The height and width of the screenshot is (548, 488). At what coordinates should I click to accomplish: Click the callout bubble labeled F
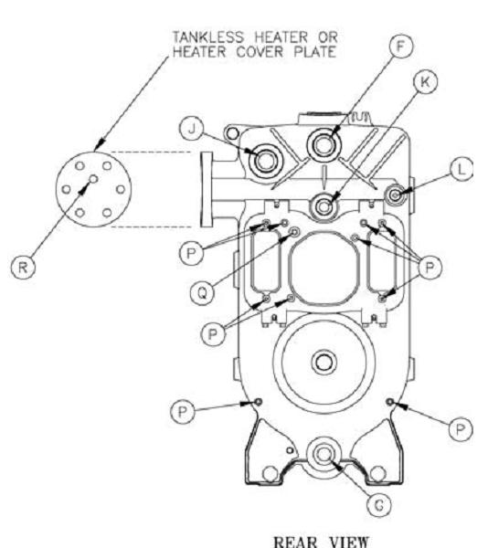click(400, 47)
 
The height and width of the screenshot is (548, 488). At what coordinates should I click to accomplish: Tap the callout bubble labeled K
click(425, 82)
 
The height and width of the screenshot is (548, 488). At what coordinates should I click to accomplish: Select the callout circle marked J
click(191, 129)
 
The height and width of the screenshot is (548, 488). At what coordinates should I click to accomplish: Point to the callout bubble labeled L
click(461, 170)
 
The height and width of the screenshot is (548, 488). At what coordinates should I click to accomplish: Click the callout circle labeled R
click(23, 268)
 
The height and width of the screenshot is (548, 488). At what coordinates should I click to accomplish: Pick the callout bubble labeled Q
click(203, 293)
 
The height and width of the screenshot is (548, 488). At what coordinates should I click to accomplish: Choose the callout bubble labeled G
click(379, 505)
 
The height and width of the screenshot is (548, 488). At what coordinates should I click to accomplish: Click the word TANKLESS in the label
click(208, 37)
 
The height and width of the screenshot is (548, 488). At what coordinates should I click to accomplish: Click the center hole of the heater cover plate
click(93, 179)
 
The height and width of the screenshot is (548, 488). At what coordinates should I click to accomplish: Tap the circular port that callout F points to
click(324, 144)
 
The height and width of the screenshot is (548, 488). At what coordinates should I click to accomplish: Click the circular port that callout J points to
click(265, 161)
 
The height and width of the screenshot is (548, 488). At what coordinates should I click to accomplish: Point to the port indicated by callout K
click(324, 206)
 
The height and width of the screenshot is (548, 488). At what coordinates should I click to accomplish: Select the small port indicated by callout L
click(396, 195)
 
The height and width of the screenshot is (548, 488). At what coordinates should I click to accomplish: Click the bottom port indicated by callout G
click(324, 454)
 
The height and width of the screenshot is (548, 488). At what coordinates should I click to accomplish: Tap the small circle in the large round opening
click(324, 363)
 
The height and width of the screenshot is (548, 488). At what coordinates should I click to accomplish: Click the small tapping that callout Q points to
click(295, 231)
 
